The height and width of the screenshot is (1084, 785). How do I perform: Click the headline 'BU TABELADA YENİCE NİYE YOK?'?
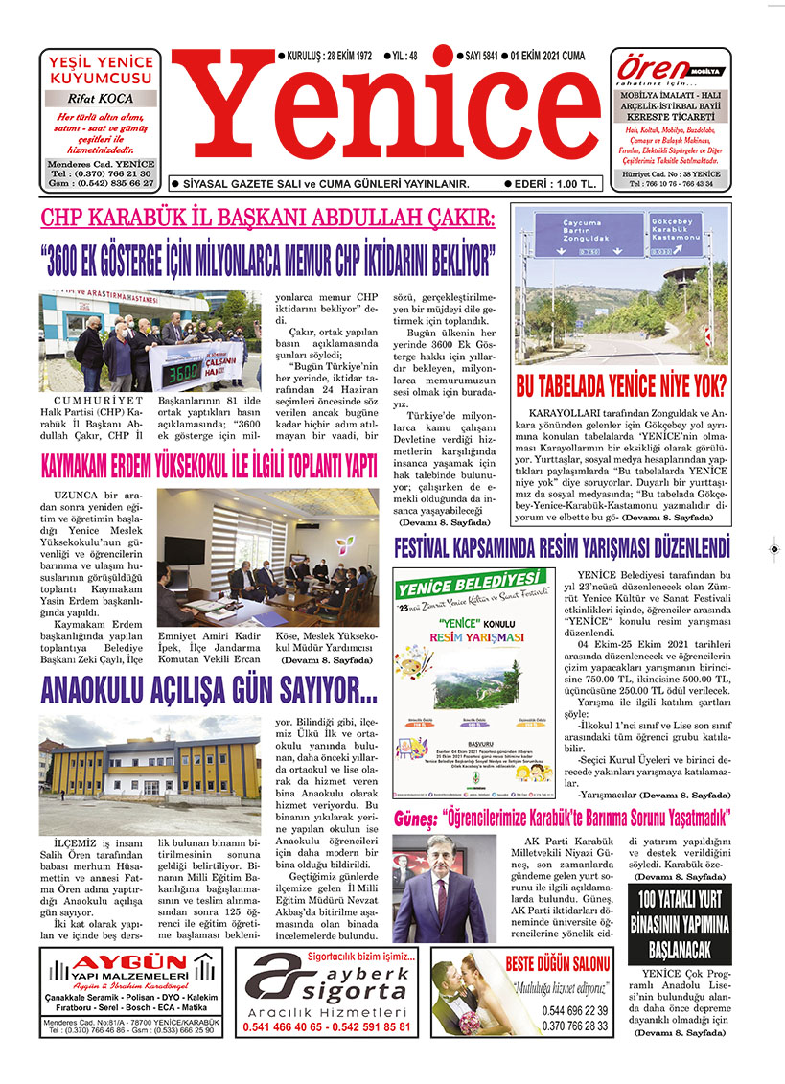point(621,386)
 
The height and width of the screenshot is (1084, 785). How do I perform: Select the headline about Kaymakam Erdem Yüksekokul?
point(208,467)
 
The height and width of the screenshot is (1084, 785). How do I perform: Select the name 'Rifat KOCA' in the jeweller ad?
point(101,99)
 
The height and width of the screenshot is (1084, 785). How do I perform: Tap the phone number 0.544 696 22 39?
point(574,1010)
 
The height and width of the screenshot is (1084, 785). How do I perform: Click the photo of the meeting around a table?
point(267,558)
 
